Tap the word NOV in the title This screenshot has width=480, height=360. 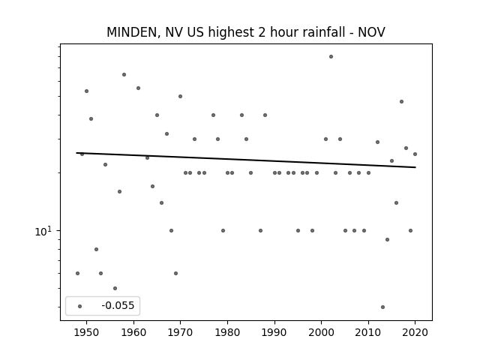[x=371, y=32]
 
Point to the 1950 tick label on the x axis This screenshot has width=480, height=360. [x=87, y=332]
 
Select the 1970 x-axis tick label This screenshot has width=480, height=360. [x=180, y=332]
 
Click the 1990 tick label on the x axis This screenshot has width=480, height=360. [x=274, y=332]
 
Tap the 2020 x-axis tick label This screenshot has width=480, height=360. [x=415, y=332]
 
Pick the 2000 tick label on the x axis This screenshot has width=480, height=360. [x=322, y=332]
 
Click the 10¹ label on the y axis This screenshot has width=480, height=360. [x=43, y=231]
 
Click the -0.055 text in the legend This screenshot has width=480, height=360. [x=118, y=305]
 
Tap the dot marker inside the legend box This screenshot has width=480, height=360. [x=80, y=306]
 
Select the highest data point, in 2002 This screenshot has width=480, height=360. [x=331, y=57]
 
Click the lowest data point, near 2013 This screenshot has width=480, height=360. [x=382, y=307]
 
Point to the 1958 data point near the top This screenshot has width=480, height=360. [x=124, y=75]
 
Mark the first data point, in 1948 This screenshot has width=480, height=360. [x=77, y=273]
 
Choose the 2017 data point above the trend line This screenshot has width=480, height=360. [x=401, y=102]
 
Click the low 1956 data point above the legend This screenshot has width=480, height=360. [x=115, y=288]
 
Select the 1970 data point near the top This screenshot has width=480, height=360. [x=180, y=97]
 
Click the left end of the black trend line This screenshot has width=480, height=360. [x=76, y=153]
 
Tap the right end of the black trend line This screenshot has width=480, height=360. [x=415, y=167]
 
